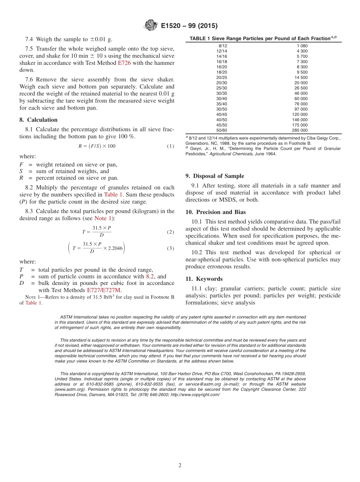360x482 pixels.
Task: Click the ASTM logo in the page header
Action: tap(151, 26)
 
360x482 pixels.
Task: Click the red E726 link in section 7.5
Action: tap(124, 63)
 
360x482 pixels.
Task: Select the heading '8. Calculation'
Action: tap(38, 120)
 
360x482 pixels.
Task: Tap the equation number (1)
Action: tap(171, 146)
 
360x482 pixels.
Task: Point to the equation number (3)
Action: tap(171, 249)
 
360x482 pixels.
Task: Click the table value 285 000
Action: tap(299, 130)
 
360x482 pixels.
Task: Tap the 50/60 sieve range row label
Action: tap(222, 130)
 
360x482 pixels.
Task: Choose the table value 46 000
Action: tap(301, 93)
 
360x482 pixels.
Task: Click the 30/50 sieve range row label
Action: tap(222, 109)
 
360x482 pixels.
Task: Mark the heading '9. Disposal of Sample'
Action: tap(214, 176)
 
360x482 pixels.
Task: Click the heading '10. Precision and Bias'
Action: tap(216, 212)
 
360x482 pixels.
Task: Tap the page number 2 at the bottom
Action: tap(180, 465)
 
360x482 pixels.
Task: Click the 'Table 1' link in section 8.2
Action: tap(113, 195)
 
